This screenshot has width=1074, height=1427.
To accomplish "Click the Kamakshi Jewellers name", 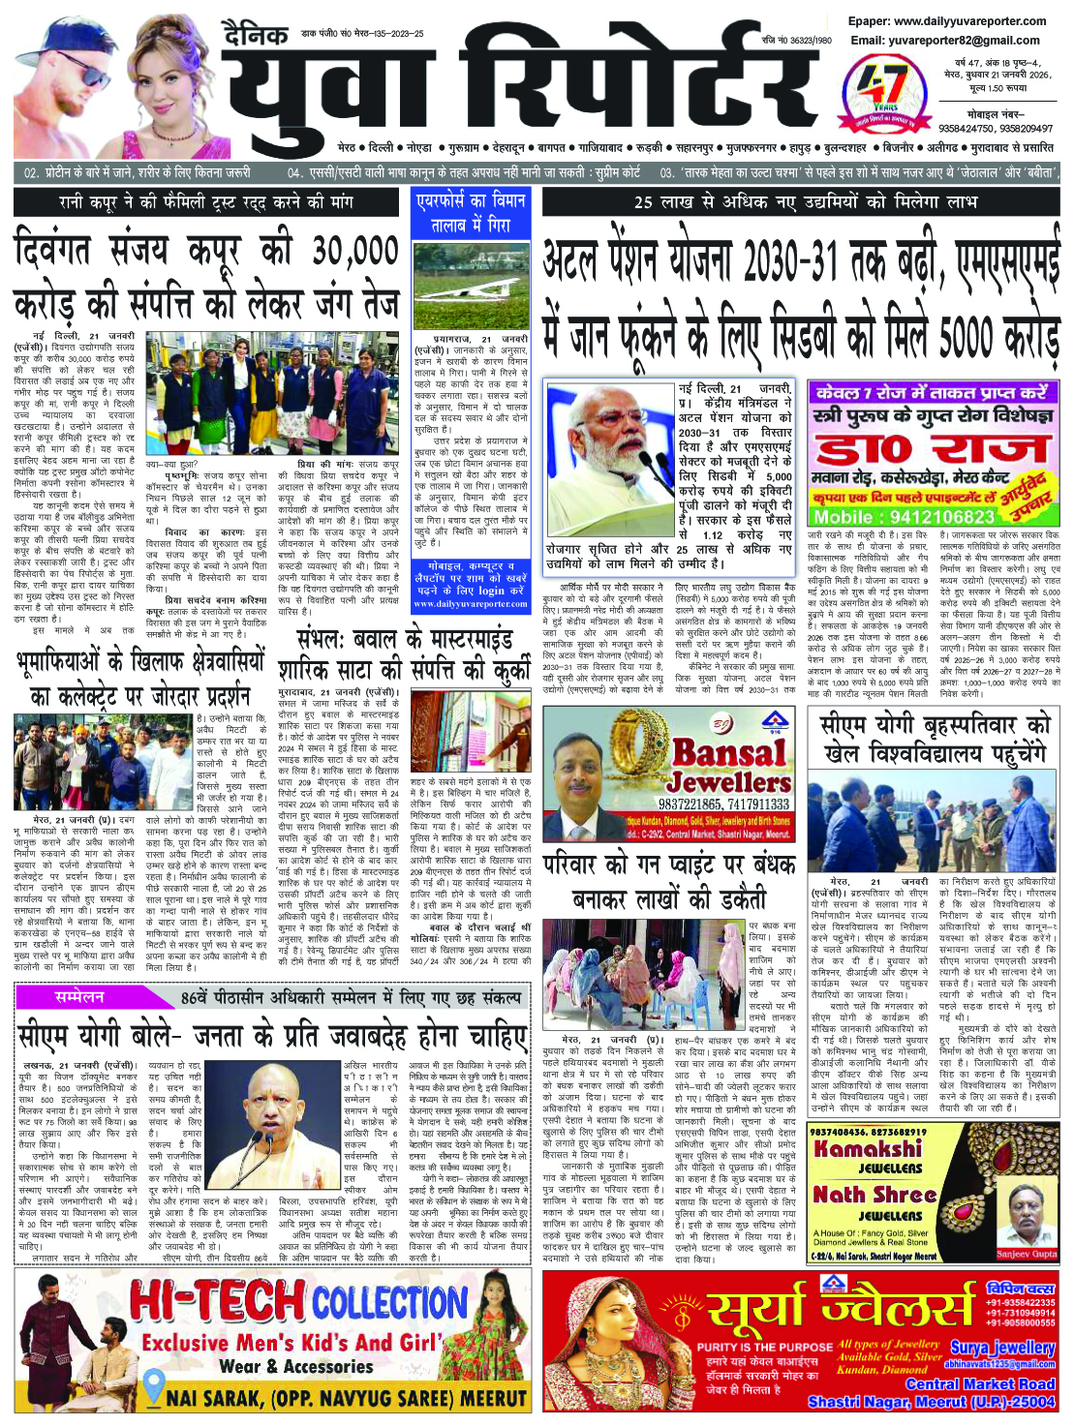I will [868, 1156].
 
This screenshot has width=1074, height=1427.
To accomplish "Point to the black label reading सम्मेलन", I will [79, 996].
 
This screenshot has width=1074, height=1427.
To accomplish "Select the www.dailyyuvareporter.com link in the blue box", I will [471, 604].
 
